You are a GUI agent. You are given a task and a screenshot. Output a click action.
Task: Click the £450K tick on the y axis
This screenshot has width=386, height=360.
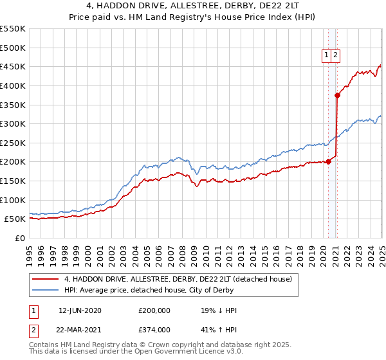tap(13, 66)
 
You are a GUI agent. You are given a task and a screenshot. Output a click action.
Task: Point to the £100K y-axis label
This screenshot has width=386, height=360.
tap(13, 200)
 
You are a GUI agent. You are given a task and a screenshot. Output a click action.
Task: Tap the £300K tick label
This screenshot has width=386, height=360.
tap(13, 123)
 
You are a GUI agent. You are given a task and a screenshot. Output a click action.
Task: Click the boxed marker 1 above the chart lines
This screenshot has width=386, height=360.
tap(327, 56)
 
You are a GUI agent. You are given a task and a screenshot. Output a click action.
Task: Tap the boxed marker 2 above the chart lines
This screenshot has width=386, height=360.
tap(336, 56)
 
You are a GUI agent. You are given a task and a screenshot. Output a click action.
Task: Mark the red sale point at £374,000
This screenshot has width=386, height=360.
tap(337, 96)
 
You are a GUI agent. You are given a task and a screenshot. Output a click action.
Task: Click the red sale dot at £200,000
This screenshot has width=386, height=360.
tap(328, 161)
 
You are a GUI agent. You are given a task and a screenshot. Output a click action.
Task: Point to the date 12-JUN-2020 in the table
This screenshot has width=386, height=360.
tap(80, 310)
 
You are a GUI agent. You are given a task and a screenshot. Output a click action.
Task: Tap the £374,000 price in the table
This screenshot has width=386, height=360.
tap(154, 329)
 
